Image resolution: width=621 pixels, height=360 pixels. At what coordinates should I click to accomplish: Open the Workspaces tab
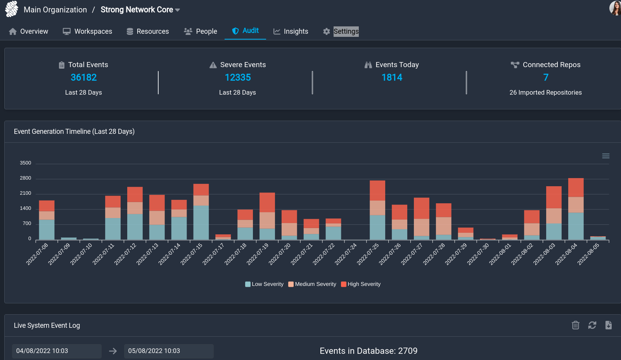point(87,31)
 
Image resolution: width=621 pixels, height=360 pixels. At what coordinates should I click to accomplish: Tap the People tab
point(201,31)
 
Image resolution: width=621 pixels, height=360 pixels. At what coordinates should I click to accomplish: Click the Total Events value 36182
point(84,78)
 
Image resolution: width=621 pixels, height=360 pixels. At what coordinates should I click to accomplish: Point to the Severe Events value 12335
point(238,78)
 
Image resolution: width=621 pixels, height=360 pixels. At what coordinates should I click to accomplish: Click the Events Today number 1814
point(392,78)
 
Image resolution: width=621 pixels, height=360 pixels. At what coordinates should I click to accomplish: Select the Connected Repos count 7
point(546,78)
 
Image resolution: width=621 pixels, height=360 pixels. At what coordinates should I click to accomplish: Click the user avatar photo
point(615,8)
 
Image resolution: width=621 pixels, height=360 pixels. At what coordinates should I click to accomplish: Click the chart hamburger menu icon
point(605,156)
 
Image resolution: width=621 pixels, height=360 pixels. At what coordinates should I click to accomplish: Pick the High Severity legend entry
point(361,284)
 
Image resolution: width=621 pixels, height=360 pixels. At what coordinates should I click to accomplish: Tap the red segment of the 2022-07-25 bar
point(377,190)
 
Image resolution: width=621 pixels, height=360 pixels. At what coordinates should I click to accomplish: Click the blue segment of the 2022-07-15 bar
point(201,222)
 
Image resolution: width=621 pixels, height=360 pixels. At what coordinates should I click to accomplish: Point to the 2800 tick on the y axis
point(26,178)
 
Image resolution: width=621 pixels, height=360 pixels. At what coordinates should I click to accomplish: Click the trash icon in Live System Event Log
point(576,325)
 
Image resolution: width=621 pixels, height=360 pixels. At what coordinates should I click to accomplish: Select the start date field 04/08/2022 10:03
point(57,351)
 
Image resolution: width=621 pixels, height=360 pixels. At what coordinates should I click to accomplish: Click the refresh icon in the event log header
point(592,325)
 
